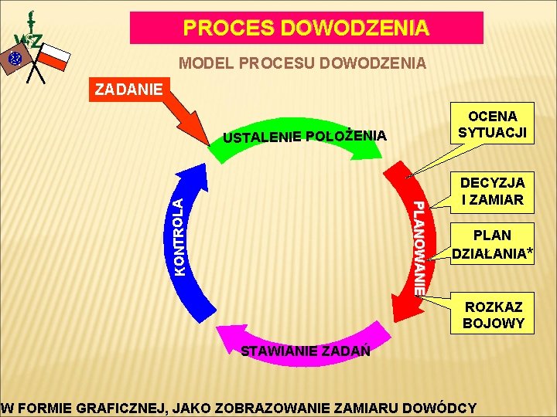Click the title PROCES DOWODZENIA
[306, 29]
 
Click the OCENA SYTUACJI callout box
[492, 124]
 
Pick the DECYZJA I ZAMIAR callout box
[492, 192]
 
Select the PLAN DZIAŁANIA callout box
[492, 244]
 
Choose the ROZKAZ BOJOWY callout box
[494, 315]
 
